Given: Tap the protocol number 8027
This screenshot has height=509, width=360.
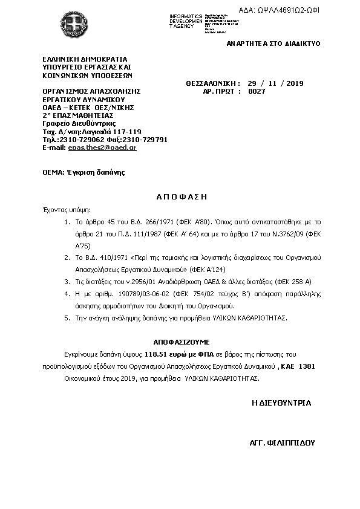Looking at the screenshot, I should click(x=257, y=91).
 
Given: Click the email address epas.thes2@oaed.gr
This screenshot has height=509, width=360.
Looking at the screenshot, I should click(x=102, y=147).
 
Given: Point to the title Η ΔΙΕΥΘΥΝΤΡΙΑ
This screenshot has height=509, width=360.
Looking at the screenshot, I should click(x=281, y=402).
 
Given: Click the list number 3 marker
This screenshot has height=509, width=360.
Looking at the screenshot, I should click(x=67, y=281).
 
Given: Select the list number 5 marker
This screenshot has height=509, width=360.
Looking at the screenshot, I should click(x=67, y=317).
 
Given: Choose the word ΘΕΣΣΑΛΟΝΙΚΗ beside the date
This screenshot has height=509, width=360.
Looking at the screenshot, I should click(x=209, y=83).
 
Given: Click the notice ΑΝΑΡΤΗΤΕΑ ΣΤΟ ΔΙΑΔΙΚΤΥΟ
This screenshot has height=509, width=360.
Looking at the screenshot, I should click(x=273, y=44).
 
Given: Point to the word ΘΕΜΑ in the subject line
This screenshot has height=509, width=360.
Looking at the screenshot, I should click(x=52, y=172).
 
